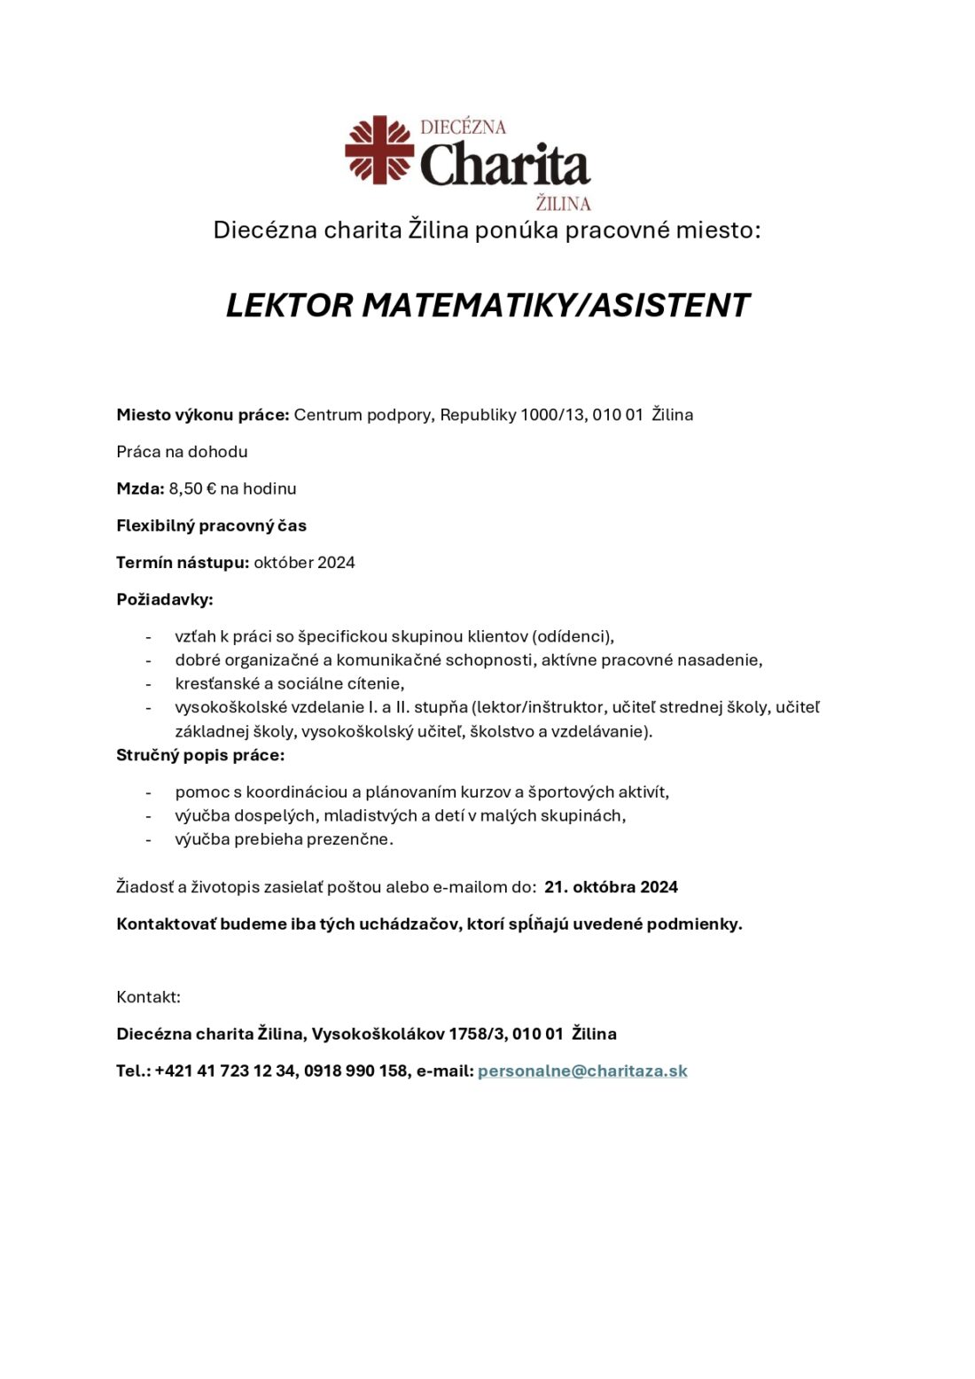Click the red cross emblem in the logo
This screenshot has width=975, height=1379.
(379, 150)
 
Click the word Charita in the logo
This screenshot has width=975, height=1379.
(504, 166)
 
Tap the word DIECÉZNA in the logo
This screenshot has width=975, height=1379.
(463, 127)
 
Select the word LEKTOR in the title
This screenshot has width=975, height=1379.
(290, 306)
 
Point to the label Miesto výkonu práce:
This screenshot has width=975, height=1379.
(203, 415)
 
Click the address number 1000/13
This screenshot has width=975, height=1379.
(552, 415)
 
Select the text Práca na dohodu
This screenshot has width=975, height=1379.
(182, 452)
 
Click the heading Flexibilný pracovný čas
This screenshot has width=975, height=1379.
(211, 526)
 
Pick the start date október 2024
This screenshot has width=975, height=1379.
(304, 563)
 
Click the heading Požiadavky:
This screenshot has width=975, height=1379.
(165, 600)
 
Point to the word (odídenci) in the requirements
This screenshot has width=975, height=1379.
(573, 636)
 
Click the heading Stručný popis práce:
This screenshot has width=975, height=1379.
(200, 755)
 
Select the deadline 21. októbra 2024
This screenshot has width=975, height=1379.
(611, 887)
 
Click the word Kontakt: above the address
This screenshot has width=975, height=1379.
(148, 997)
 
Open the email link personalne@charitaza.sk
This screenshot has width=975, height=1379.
(582, 1071)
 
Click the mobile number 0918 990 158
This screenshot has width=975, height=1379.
(355, 1071)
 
